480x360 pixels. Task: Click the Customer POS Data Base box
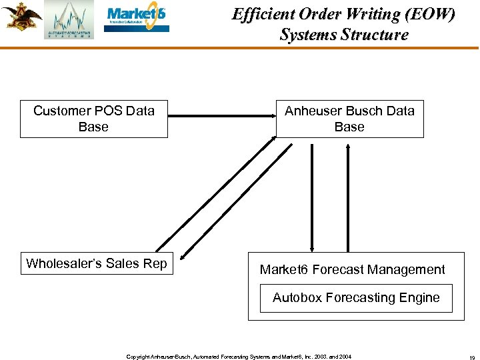pos(93,119)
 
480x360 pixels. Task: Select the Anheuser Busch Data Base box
pos(349,119)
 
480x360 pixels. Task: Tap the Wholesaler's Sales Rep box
pos(96,263)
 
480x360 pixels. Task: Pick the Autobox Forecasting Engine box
pos(356,298)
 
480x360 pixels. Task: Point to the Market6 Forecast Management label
pos(352,269)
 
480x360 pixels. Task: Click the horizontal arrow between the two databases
pos(221,116)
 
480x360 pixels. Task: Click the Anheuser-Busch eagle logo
pos(20,16)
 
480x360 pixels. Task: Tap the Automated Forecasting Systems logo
pos(69,20)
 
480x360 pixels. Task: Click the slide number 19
pos(471,357)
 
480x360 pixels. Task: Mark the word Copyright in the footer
pos(137,357)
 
